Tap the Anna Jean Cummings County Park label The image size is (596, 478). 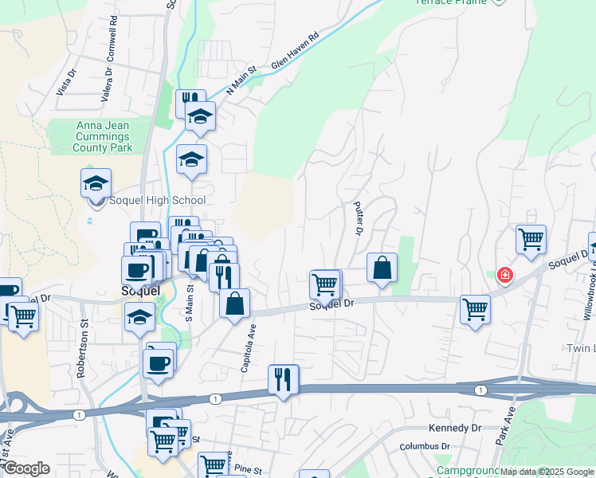tap(103, 136)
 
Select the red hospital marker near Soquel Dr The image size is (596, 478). tap(504, 276)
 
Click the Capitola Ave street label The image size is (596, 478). tap(249, 351)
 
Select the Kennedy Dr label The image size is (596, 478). tap(455, 428)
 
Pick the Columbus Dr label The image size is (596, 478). tap(425, 448)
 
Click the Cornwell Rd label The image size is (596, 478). tap(114, 32)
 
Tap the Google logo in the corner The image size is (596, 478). tap(25, 468)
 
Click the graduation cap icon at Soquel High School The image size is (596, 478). tap(96, 182)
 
